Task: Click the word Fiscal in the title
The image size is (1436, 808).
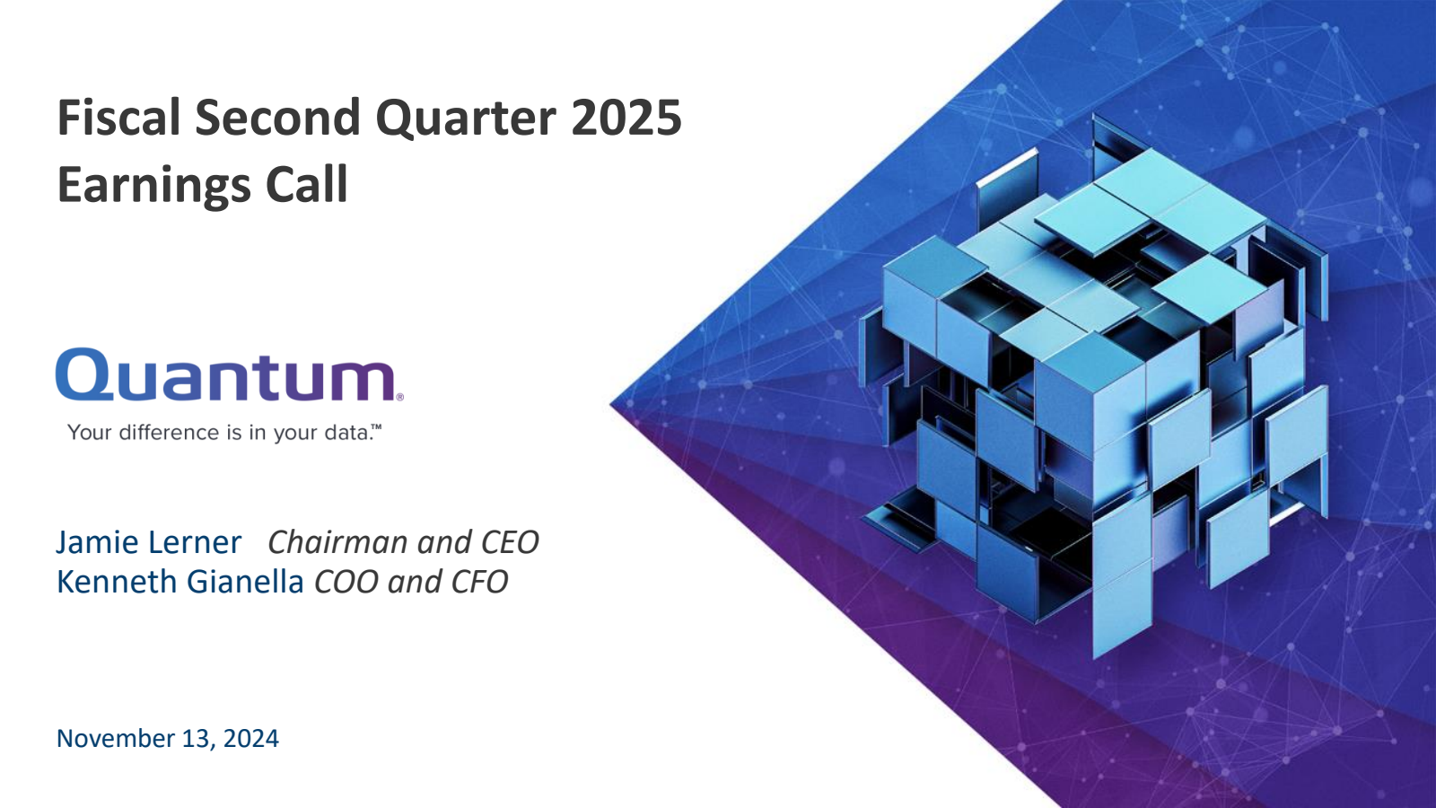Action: coord(119,117)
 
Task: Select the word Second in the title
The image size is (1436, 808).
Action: coord(278,117)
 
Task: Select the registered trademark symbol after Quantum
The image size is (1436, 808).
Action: coord(400,397)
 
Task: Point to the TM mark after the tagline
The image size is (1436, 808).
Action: coord(377,426)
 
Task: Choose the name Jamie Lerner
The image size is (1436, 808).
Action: coord(149,542)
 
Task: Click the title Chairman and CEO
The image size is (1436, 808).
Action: coord(403,542)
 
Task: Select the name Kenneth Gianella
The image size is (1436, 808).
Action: coord(180,582)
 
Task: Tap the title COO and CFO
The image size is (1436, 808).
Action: coord(411,582)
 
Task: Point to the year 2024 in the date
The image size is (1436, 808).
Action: coord(250,738)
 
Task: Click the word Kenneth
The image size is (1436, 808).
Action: coord(118,582)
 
